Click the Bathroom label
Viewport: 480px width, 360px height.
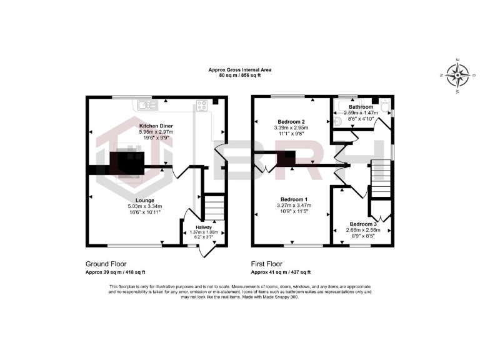coord(361,107)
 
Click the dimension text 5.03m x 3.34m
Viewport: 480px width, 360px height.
coord(144,207)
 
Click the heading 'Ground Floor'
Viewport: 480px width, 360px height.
coord(106,264)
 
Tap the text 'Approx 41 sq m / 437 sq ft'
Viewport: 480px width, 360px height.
coord(281,272)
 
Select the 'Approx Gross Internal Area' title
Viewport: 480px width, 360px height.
coord(239,70)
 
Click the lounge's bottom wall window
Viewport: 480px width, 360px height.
coord(133,244)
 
